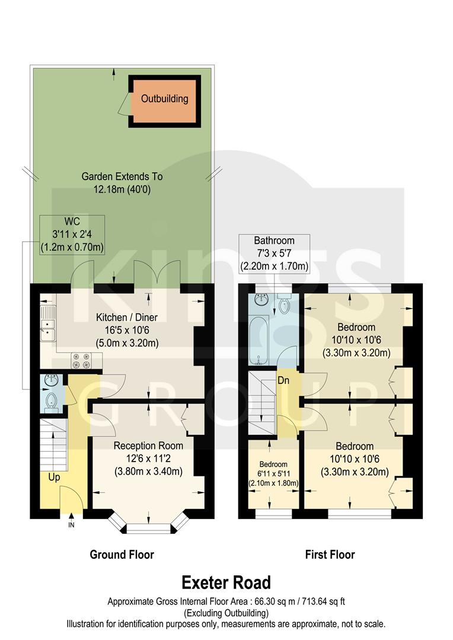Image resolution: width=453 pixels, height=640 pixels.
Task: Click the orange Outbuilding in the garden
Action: click(x=164, y=100)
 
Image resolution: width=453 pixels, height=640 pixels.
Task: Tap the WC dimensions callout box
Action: click(x=72, y=235)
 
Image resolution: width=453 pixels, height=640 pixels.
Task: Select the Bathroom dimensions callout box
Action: click(x=274, y=254)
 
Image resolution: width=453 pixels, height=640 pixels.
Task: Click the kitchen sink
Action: click(x=46, y=329)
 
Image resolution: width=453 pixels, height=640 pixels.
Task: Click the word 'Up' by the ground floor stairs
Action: click(x=53, y=477)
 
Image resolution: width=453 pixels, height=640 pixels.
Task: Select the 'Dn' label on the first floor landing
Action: click(x=283, y=381)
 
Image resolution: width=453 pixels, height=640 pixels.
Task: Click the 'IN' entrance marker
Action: click(x=72, y=525)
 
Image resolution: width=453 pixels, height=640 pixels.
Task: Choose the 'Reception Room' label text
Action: click(x=148, y=446)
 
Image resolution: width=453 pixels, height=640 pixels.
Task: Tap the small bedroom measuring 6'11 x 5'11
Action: click(x=273, y=474)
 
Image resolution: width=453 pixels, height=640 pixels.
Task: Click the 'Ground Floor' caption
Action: click(x=122, y=555)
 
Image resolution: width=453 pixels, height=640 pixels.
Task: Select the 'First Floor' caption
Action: click(x=330, y=555)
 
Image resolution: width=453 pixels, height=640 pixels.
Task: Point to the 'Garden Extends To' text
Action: click(x=122, y=177)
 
